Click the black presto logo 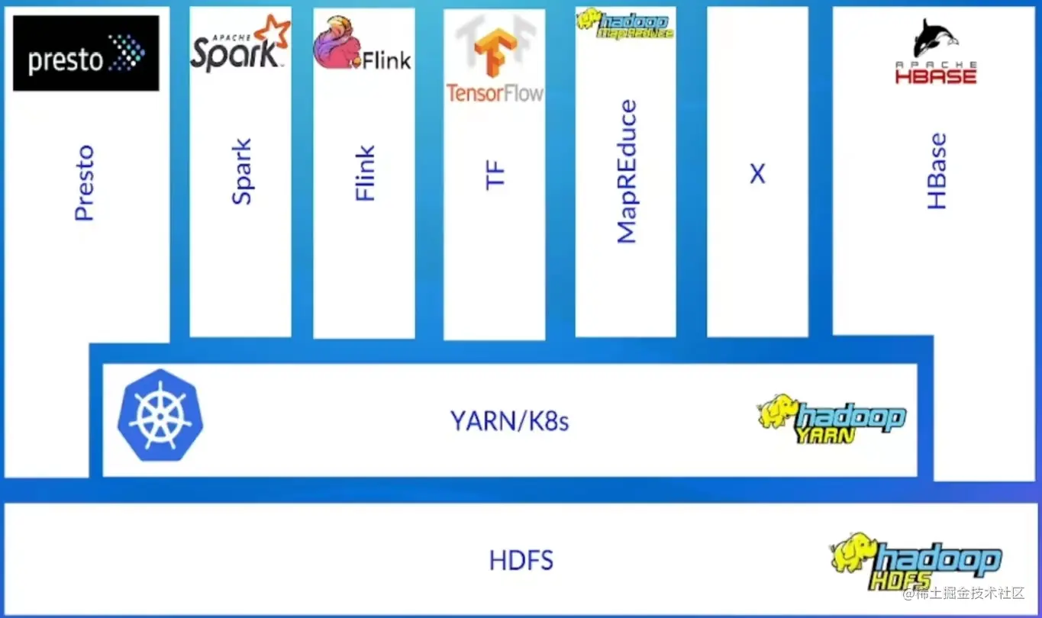[x=86, y=53]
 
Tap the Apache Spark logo [x=240, y=45]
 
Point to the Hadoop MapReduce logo [x=624, y=24]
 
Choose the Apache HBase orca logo [x=935, y=53]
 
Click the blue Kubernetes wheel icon [x=160, y=416]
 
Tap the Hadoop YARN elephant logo [x=831, y=419]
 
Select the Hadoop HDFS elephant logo [x=915, y=562]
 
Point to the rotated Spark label [x=241, y=172]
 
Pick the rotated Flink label [x=366, y=174]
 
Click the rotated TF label [x=495, y=175]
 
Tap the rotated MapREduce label [x=626, y=172]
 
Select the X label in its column [x=757, y=175]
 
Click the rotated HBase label [x=937, y=172]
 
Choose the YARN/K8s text [x=509, y=420]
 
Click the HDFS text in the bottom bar [x=521, y=562]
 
